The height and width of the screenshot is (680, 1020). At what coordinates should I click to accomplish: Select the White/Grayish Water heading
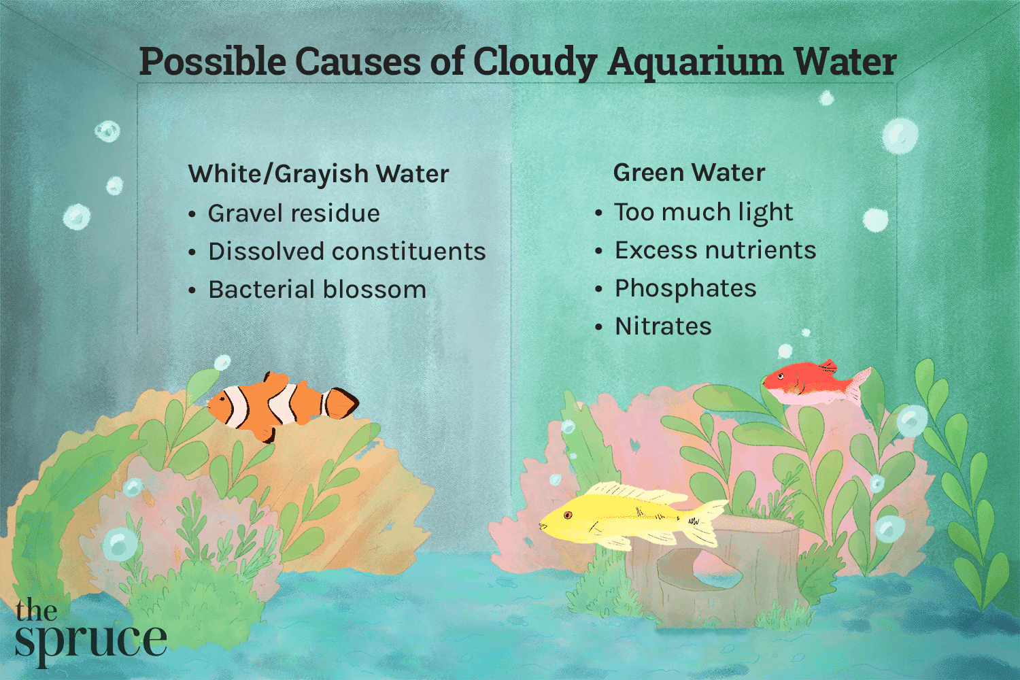[318, 174]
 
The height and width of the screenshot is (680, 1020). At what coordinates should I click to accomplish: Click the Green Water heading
[689, 173]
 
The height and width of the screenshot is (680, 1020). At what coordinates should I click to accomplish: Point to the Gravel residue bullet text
[294, 214]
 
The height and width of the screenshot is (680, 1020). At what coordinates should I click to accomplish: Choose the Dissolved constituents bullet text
[347, 252]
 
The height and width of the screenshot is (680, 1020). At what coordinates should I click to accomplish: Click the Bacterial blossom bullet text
[317, 290]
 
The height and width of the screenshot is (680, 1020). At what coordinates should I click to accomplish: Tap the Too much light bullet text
[704, 212]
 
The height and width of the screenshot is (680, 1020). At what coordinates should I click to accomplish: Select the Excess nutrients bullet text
[715, 250]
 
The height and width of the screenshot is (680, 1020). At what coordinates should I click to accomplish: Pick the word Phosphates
[685, 288]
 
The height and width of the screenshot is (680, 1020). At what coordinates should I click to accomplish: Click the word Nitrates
[663, 326]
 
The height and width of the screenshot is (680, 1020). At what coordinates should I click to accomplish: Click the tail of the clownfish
[340, 403]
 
